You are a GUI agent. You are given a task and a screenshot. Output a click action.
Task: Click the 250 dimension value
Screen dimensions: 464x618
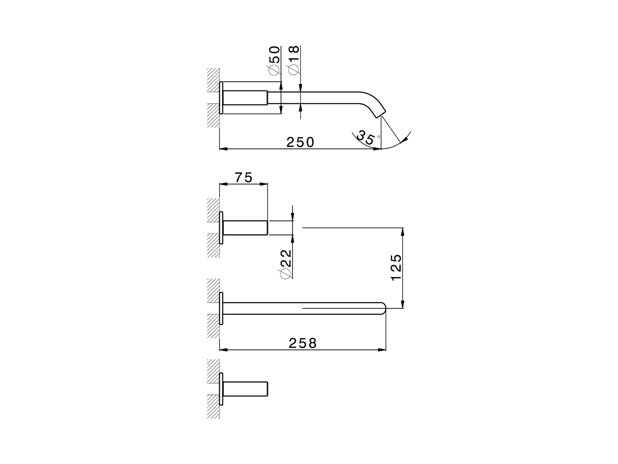point(300,142)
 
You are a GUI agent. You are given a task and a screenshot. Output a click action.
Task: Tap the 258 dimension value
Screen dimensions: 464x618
point(303,343)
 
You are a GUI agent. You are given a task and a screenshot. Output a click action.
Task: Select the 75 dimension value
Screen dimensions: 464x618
point(244,177)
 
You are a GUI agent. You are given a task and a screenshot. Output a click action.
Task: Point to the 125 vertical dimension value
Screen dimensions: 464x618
point(396,267)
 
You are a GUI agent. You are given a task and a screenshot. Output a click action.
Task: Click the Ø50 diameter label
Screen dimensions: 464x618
point(274,60)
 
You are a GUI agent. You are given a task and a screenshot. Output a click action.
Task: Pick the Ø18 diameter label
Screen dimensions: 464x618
point(294,60)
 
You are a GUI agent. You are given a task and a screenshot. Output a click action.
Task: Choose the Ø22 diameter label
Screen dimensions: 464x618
point(285,263)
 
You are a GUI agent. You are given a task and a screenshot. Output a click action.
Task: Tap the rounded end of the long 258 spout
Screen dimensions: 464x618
point(383,308)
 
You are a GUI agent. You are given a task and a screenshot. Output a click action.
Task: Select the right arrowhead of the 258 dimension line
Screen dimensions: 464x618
point(382,349)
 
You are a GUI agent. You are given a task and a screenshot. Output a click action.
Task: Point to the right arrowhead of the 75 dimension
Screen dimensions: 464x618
point(264,184)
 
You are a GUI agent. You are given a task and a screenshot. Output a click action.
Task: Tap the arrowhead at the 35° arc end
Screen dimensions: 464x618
point(404,139)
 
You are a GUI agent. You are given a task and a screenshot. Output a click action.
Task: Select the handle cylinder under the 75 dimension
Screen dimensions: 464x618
point(245,228)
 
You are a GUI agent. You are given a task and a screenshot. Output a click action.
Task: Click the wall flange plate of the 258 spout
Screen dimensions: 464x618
point(221,308)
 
